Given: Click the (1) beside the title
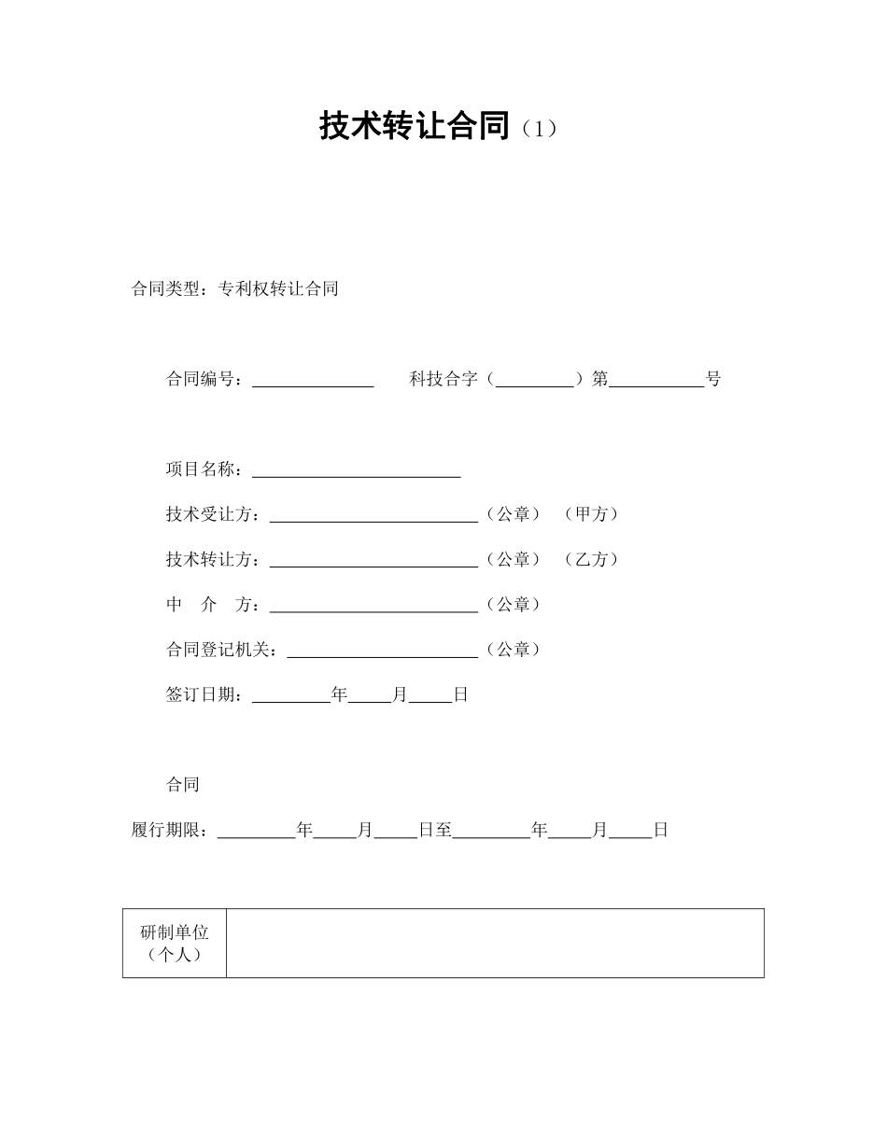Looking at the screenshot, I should [540, 130].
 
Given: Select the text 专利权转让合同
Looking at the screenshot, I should [278, 289].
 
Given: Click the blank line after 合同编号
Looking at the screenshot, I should [313, 380].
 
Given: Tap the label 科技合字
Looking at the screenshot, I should [443, 379].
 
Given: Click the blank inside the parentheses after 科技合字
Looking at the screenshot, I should [535, 380].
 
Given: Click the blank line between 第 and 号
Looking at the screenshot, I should [656, 380].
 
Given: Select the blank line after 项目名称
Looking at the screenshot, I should [357, 470].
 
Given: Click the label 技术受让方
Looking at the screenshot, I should [213, 514].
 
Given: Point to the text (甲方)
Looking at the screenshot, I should [592, 514].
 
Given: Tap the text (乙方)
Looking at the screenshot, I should [592, 559].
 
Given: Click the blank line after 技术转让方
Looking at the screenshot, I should [373, 561].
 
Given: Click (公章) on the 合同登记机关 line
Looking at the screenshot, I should [514, 650].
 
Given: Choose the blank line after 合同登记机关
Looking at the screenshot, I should [382, 651].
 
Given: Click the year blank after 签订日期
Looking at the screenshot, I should [291, 696].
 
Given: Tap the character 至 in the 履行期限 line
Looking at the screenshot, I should [443, 830].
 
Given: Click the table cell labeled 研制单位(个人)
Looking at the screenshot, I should [175, 944].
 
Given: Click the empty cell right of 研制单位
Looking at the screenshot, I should [495, 944].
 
